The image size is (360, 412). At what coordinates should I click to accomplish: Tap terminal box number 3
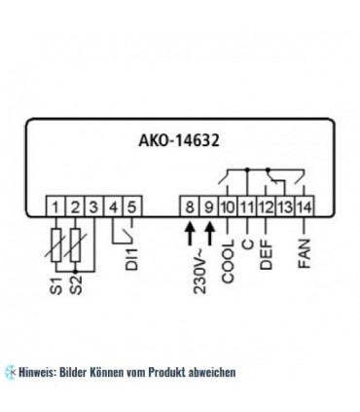click(x=94, y=206)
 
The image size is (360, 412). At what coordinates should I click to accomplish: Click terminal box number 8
click(x=193, y=206)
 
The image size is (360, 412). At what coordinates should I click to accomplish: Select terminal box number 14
click(x=304, y=206)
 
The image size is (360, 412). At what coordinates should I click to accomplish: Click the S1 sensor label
click(x=57, y=289)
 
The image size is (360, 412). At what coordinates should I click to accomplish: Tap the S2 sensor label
click(x=77, y=289)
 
